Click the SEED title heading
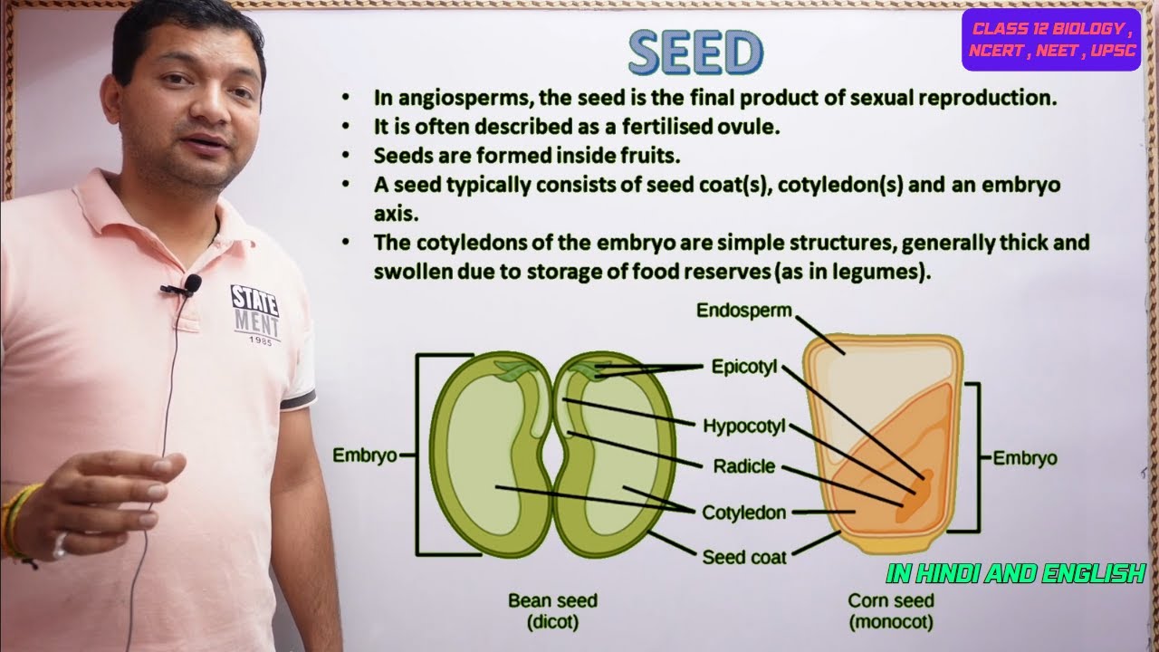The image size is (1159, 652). (696, 53)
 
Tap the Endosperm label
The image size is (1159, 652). (743, 311)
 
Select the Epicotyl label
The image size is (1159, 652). (743, 368)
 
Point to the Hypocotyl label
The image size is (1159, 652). (745, 426)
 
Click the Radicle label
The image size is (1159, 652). (744, 466)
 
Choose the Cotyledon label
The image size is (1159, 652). (744, 513)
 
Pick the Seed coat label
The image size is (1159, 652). (744, 557)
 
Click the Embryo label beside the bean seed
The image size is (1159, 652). (365, 455)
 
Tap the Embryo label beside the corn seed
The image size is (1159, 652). (1025, 458)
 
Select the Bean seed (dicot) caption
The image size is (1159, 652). (552, 611)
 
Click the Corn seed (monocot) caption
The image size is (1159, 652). (891, 611)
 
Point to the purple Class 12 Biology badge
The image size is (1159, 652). (1050, 40)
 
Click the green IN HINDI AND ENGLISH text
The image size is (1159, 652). (1016, 573)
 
